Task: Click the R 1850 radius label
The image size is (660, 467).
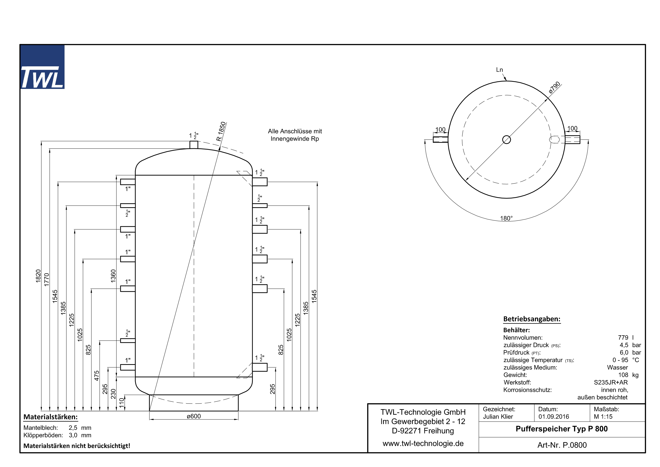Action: tap(221, 131)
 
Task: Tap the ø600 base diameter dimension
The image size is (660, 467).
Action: tap(194, 416)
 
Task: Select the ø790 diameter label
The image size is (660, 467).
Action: tap(554, 87)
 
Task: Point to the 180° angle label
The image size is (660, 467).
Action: tap(506, 218)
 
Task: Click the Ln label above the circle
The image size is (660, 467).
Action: tap(499, 70)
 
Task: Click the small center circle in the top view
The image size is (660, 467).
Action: tap(506, 140)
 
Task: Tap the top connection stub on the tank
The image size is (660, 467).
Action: tap(194, 145)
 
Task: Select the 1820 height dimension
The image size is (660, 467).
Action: tap(38, 276)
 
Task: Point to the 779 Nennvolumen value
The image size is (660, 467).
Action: tap(623, 338)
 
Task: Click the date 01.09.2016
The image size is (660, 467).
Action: tap(554, 417)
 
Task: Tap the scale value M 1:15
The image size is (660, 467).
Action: tap(603, 417)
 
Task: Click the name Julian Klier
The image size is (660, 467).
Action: tap(498, 417)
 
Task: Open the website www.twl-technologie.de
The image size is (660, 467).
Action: tap(423, 443)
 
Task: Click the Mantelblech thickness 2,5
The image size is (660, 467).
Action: tap(73, 428)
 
